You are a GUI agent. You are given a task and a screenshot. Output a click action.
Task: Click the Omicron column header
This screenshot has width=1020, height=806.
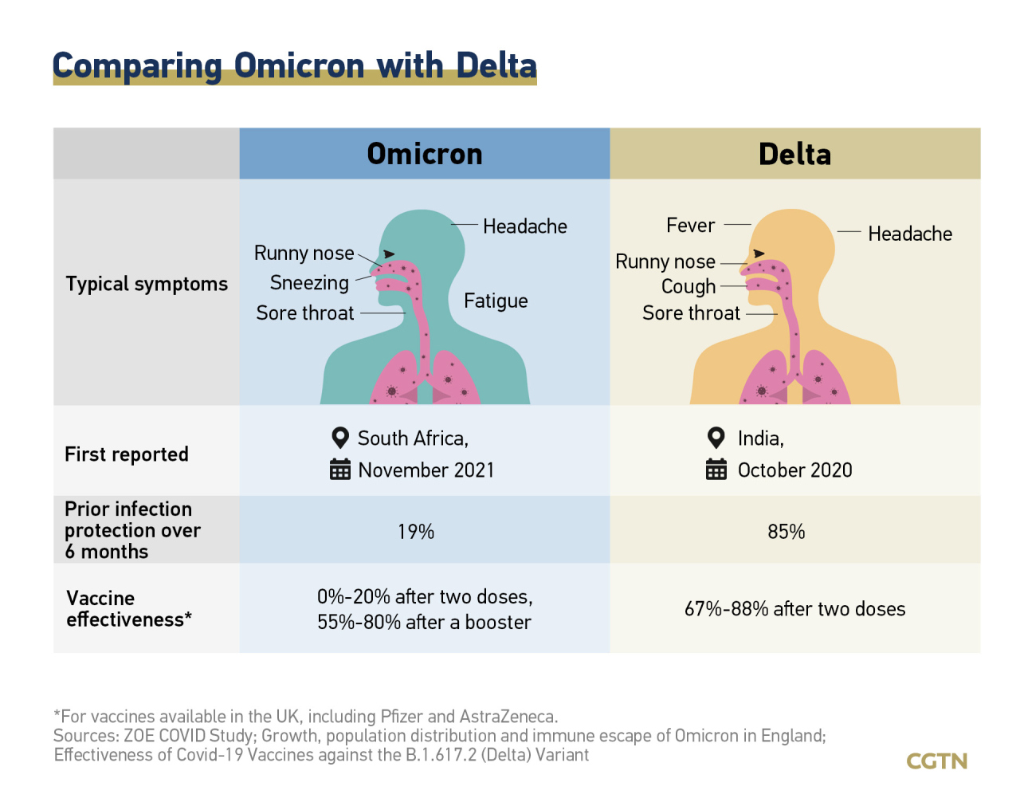[425, 154]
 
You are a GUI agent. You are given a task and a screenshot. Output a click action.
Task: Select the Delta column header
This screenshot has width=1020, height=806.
[794, 154]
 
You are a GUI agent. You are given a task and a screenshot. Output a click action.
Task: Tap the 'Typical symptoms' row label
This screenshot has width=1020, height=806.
[147, 284]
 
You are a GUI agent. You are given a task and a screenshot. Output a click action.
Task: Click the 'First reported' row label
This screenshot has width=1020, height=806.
[127, 454]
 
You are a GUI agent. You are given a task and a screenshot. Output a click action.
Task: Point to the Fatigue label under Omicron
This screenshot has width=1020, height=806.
[496, 301]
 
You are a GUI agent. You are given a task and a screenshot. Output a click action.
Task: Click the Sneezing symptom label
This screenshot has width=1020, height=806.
[309, 283]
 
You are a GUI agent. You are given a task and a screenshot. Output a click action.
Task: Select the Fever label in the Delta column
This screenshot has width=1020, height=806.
[691, 226]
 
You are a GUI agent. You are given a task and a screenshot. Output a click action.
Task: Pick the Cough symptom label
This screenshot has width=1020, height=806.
[688, 286]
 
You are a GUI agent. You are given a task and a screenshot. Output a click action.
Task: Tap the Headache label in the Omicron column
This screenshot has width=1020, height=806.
[525, 226]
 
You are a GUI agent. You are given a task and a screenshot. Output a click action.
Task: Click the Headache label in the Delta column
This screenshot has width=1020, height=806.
[910, 234]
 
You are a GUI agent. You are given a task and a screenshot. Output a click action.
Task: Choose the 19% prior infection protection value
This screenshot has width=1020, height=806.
[416, 532]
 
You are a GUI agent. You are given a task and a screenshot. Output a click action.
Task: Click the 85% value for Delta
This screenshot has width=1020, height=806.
[787, 532]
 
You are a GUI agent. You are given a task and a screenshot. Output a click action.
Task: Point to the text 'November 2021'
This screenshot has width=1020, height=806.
[426, 470]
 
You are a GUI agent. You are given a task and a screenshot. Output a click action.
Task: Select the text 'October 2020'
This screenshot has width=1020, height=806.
[795, 470]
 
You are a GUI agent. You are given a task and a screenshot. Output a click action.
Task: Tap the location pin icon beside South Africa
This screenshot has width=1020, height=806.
[340, 438]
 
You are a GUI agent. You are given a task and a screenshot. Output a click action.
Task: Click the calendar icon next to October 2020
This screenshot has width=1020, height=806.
[716, 470]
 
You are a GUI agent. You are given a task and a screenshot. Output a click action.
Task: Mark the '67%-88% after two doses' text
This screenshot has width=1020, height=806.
[795, 609]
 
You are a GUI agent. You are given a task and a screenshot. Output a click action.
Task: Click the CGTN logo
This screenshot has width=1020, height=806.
[937, 761]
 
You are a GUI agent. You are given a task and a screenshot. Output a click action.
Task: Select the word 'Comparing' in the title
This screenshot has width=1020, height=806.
[137, 65]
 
